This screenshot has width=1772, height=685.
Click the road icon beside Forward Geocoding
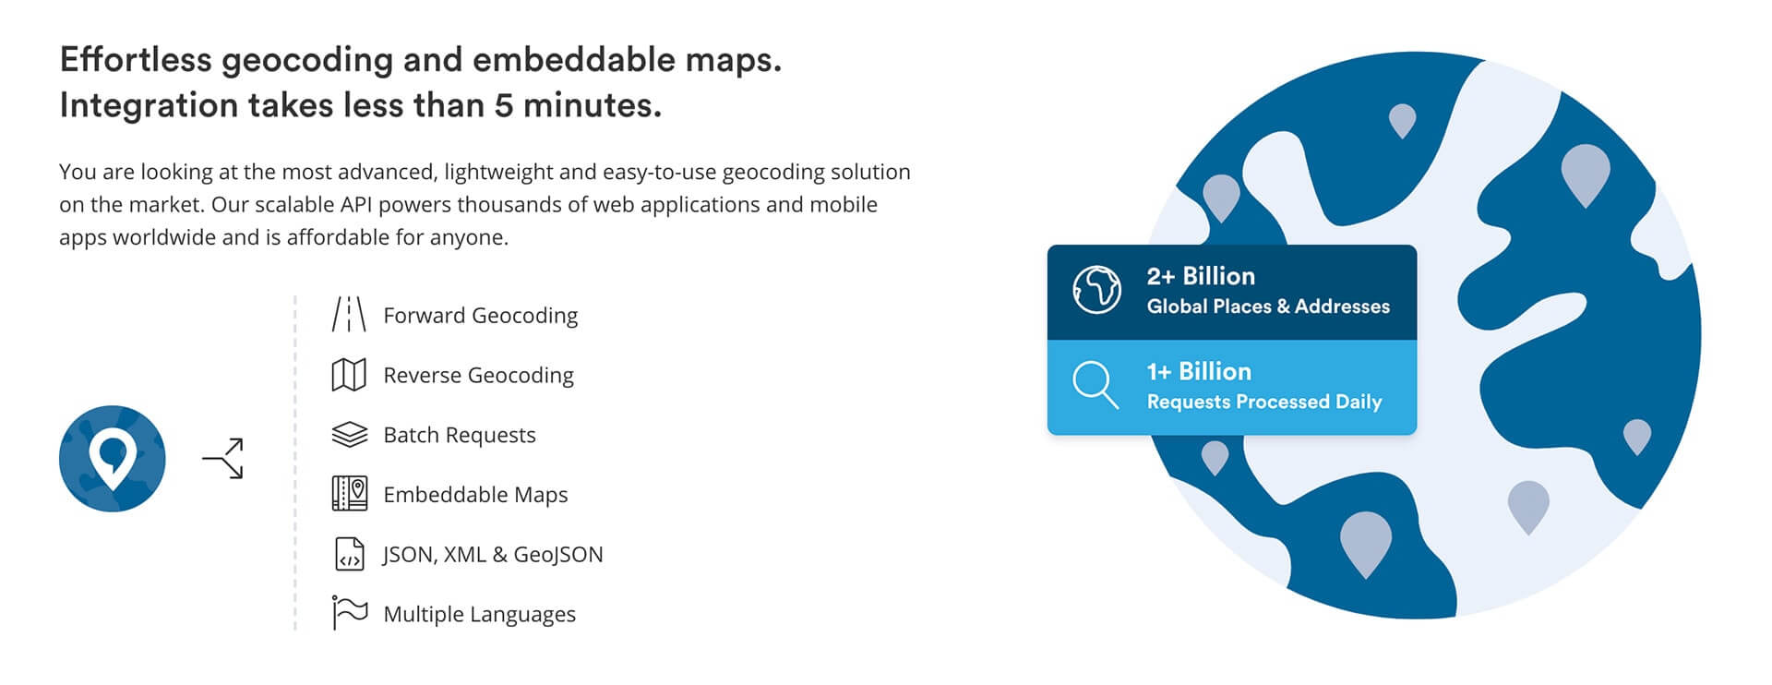[349, 314]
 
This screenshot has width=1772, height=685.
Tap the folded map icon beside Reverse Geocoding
[349, 375]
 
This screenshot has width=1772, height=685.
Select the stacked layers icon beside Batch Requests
[349, 435]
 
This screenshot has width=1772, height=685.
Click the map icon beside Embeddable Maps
[349, 494]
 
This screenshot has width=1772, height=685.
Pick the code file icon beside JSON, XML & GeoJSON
[349, 554]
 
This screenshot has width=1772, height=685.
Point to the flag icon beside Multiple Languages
[349, 613]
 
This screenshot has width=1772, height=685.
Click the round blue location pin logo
[113, 459]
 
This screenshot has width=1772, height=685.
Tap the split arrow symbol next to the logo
[223, 459]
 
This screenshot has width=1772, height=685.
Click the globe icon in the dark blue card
[1096, 290]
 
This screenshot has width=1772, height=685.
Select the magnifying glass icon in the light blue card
[1096, 385]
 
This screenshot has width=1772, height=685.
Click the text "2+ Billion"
[1201, 276]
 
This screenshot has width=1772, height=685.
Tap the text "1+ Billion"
[1199, 371]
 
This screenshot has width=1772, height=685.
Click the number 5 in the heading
[503, 105]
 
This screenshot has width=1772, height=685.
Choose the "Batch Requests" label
[460, 435]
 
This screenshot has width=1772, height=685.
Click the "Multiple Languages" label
[480, 614]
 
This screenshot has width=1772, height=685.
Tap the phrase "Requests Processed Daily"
[1264, 402]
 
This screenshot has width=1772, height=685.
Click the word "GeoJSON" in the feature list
[558, 554]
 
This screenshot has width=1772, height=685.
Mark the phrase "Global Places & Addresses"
[1268, 306]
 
